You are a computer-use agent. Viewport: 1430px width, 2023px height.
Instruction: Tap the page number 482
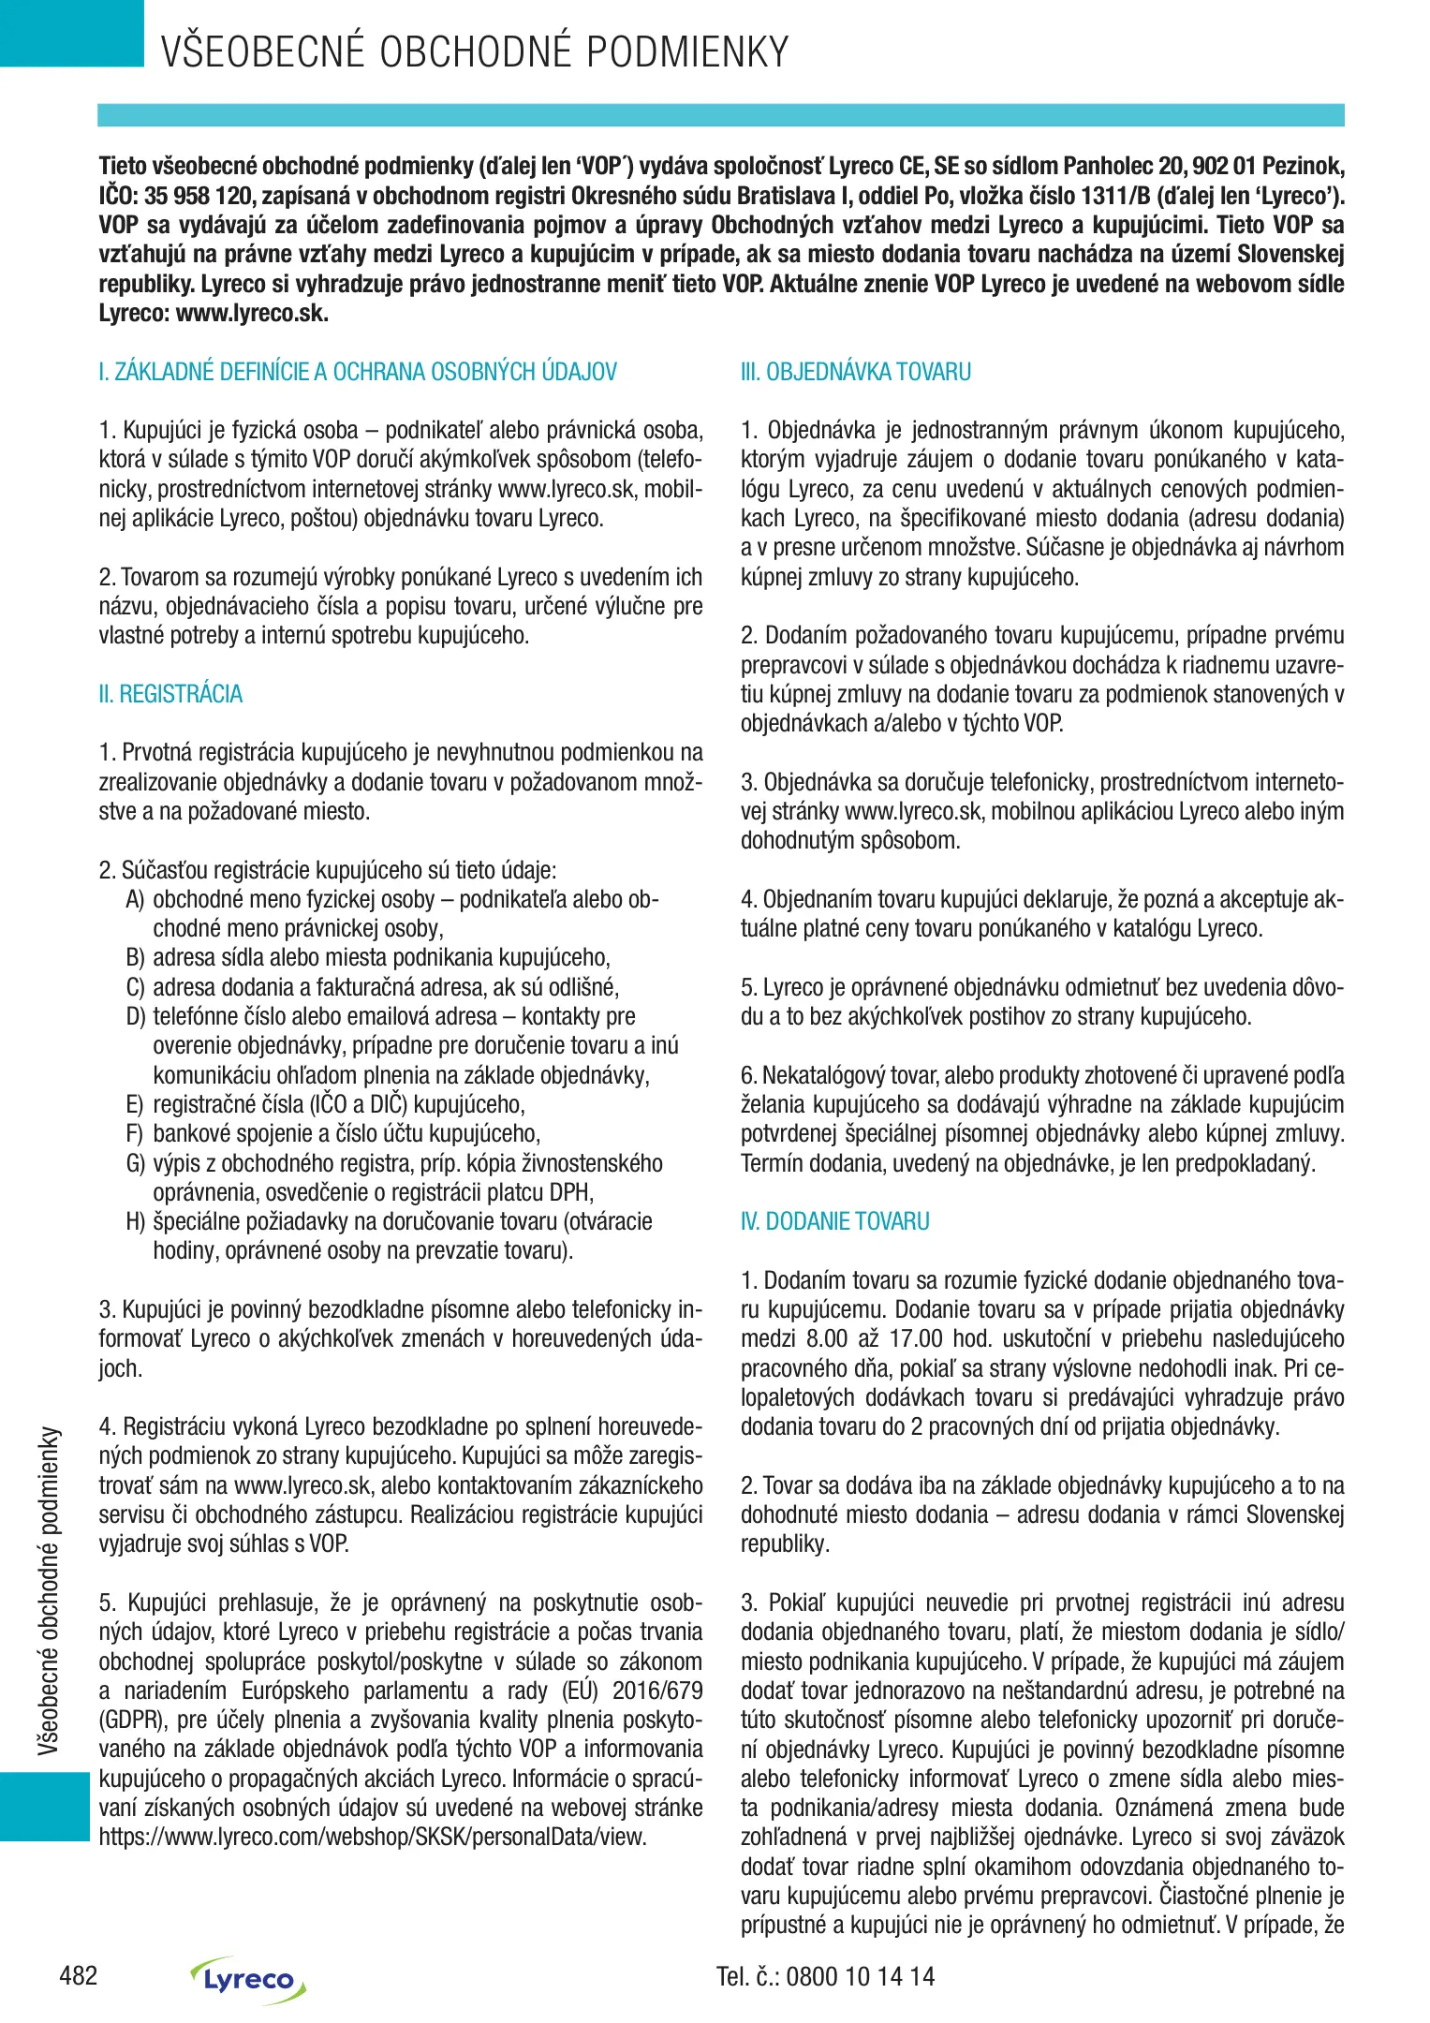coord(78,1976)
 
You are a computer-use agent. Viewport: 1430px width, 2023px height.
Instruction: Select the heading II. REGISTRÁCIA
coord(170,694)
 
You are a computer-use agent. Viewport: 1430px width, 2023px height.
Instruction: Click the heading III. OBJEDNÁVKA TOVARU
coord(855,372)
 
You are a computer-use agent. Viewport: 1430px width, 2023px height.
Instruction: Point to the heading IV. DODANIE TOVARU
coord(834,1221)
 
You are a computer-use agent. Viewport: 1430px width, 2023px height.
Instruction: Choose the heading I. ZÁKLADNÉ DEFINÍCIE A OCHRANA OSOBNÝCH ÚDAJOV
coord(358,372)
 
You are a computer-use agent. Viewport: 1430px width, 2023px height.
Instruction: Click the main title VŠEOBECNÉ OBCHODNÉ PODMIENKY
coord(475,52)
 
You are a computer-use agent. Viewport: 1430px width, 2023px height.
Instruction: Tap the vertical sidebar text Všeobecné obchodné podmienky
coord(49,1589)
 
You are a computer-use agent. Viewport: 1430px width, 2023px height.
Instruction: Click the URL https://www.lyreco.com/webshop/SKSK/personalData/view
coord(373,1837)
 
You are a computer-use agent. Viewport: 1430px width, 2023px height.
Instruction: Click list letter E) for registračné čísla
coord(135,1105)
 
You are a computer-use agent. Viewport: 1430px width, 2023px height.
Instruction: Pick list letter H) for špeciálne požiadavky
coord(135,1222)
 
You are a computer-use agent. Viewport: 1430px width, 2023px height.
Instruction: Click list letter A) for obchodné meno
coord(135,900)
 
